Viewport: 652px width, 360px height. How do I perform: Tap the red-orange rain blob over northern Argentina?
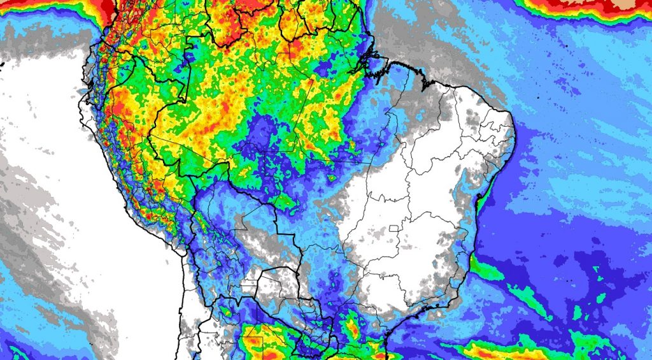point(255,344)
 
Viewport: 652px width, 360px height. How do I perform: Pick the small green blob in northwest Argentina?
point(227,312)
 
